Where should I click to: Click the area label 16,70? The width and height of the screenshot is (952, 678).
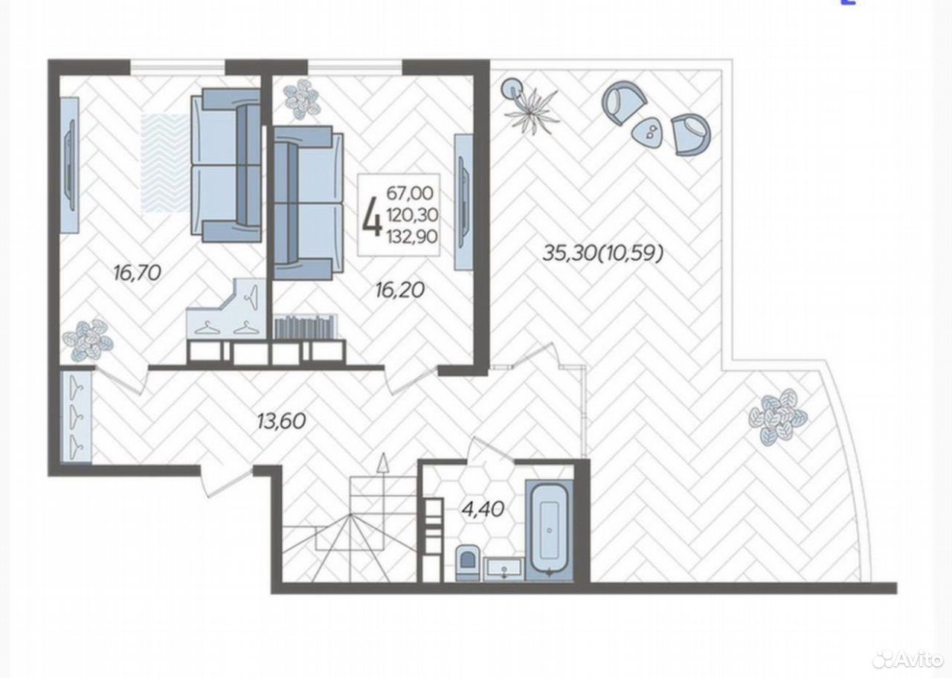point(137,273)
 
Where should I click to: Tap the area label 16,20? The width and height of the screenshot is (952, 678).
point(400,290)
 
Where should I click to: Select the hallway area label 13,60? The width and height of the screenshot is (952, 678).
point(281,421)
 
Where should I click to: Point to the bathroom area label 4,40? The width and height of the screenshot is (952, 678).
point(483,508)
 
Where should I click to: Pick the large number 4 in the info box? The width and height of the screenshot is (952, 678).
point(371,215)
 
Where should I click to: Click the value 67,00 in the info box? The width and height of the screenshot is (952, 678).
point(410,193)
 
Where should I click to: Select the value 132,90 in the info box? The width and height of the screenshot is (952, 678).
point(412,236)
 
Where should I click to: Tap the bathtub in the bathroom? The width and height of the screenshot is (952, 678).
point(549,530)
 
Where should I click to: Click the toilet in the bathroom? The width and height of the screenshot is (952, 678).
point(468,561)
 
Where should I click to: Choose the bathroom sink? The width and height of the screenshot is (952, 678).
point(504,569)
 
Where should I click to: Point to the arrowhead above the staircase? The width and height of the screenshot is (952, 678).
point(383,462)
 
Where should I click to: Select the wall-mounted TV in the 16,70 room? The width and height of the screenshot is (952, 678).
point(69,165)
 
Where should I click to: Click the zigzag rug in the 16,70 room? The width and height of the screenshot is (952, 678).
point(166,163)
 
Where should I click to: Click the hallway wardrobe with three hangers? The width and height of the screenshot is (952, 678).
point(76,416)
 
